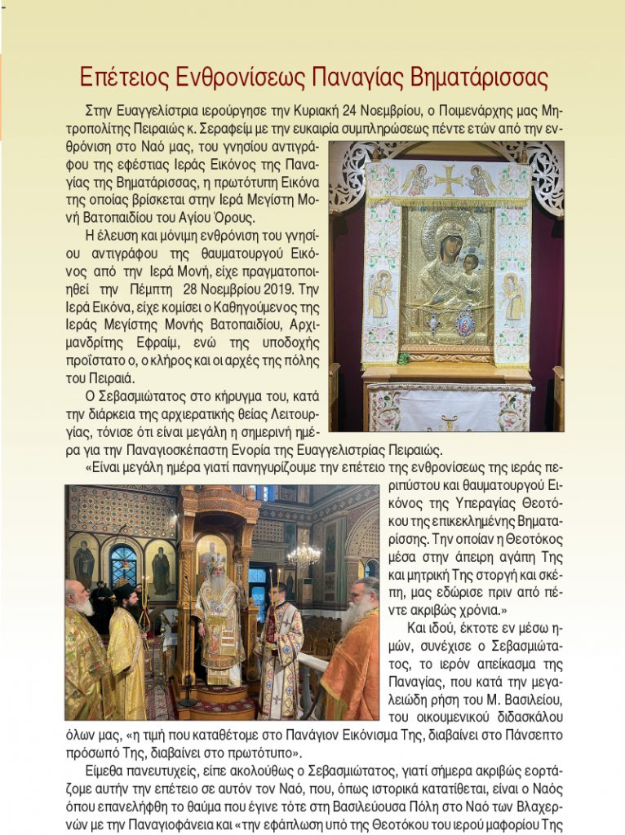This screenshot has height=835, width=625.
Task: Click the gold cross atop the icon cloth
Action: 447,179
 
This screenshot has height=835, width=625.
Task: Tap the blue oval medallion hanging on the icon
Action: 464,325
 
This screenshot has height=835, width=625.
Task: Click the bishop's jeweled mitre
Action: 218,563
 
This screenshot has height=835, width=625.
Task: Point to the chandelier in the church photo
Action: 304,554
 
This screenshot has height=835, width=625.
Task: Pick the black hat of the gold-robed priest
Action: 123,590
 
